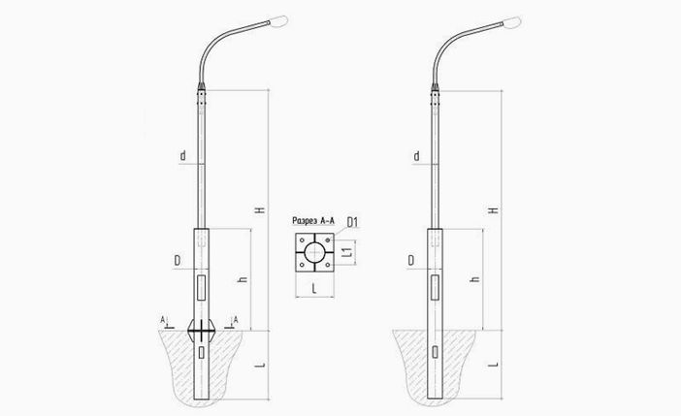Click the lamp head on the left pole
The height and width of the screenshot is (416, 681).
(x=278, y=20)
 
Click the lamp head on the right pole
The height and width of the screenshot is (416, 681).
(x=512, y=21)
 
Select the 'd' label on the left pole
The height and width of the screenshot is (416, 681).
(x=182, y=155)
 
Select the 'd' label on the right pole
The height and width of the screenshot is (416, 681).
(x=416, y=156)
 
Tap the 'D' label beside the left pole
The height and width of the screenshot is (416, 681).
(x=178, y=261)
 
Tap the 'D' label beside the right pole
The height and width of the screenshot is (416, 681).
(x=411, y=261)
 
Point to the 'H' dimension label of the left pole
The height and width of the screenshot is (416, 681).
(x=260, y=209)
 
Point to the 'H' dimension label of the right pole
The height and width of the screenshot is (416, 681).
(x=494, y=209)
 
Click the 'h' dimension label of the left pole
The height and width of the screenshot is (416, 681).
(x=243, y=278)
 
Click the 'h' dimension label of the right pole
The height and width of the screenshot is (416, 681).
(x=475, y=278)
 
